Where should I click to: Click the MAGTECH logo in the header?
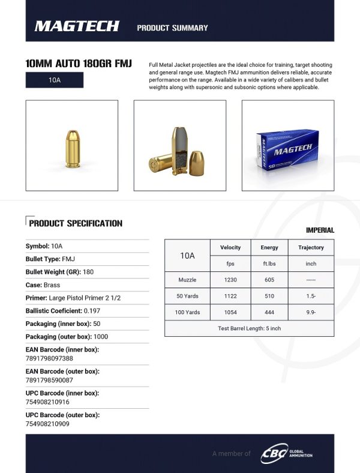[77, 26]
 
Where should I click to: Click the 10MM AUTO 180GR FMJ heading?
[79, 64]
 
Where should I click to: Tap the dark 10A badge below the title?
[55, 80]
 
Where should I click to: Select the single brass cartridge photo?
[71, 146]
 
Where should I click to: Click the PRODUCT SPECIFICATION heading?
[76, 223]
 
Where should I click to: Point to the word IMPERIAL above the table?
[320, 230]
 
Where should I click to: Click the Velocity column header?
[230, 247]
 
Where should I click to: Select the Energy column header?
[269, 247]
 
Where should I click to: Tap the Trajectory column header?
[311, 247]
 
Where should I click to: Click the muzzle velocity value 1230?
[230, 279]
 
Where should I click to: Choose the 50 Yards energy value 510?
[269, 296]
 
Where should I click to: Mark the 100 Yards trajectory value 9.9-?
[311, 312]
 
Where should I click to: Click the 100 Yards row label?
[188, 312]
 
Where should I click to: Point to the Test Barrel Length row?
[249, 328]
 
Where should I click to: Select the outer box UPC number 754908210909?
[47, 424]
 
